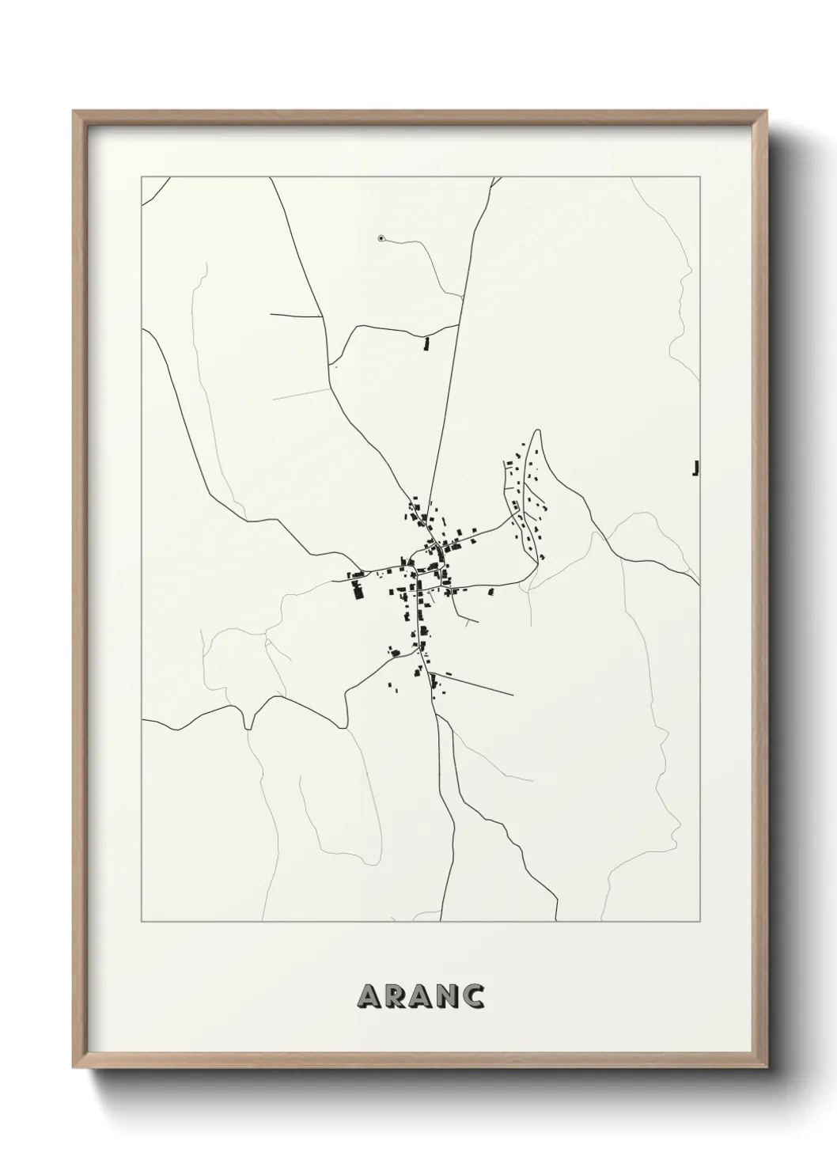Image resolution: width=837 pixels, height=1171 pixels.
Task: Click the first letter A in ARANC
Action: [x=371, y=997]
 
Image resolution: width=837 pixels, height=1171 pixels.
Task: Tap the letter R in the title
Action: [x=396, y=997]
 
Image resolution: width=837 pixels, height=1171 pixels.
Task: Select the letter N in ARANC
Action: [x=445, y=997]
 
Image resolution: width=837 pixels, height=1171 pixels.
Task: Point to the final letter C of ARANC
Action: [x=472, y=997]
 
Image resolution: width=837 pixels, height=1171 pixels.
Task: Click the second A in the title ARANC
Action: [x=420, y=997]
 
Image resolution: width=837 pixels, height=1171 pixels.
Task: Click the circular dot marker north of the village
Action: [x=381, y=237]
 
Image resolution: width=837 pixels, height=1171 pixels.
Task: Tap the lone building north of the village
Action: [x=426, y=343]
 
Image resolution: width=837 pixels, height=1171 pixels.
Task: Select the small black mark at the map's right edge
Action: [x=695, y=469]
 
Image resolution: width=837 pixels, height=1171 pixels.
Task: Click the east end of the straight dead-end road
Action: [x=513, y=695]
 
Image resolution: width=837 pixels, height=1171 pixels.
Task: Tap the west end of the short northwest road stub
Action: [x=271, y=314]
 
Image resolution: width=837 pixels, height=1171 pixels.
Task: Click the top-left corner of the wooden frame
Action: [x=74, y=111]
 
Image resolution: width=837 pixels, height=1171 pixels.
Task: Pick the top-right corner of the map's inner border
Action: [x=700, y=176]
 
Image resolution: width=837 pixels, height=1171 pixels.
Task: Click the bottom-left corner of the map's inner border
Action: [x=142, y=922]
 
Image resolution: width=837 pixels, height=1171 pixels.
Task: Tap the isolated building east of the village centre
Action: [x=490, y=590]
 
